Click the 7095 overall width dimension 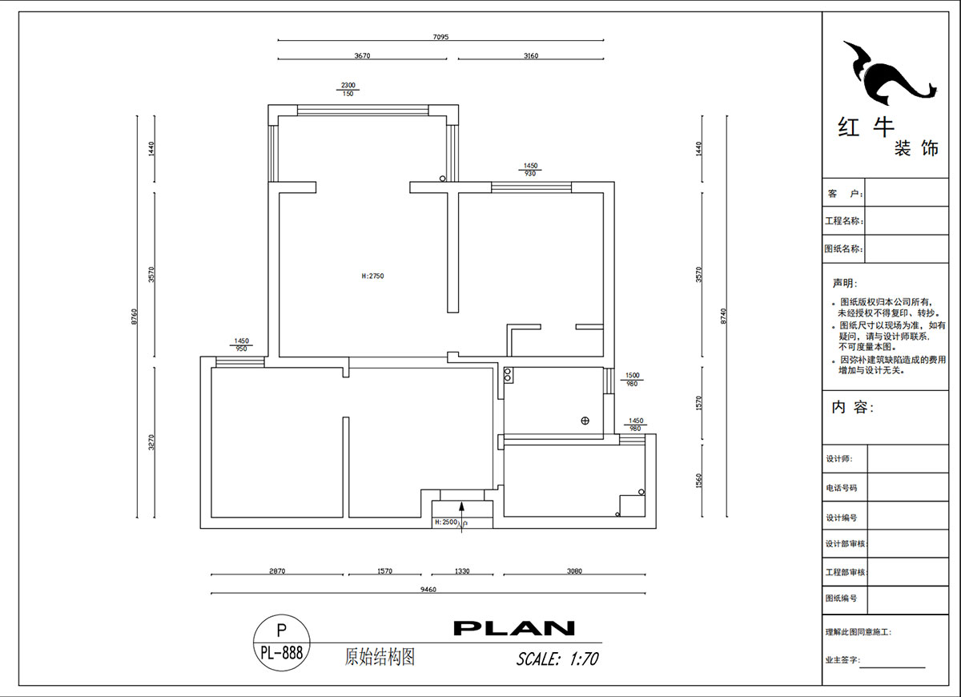pos(441,36)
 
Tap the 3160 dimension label pos(530,56)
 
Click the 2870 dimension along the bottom pos(277,571)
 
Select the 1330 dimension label pos(461,571)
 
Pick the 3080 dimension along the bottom pos(573,571)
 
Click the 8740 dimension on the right pos(724,316)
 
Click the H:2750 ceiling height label pos(373,276)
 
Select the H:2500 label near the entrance pos(445,522)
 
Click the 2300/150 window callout pos(348,89)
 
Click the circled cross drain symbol pos(585,421)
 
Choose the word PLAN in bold pos(514,628)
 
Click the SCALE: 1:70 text pos(557,659)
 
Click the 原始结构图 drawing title pos(380,658)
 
